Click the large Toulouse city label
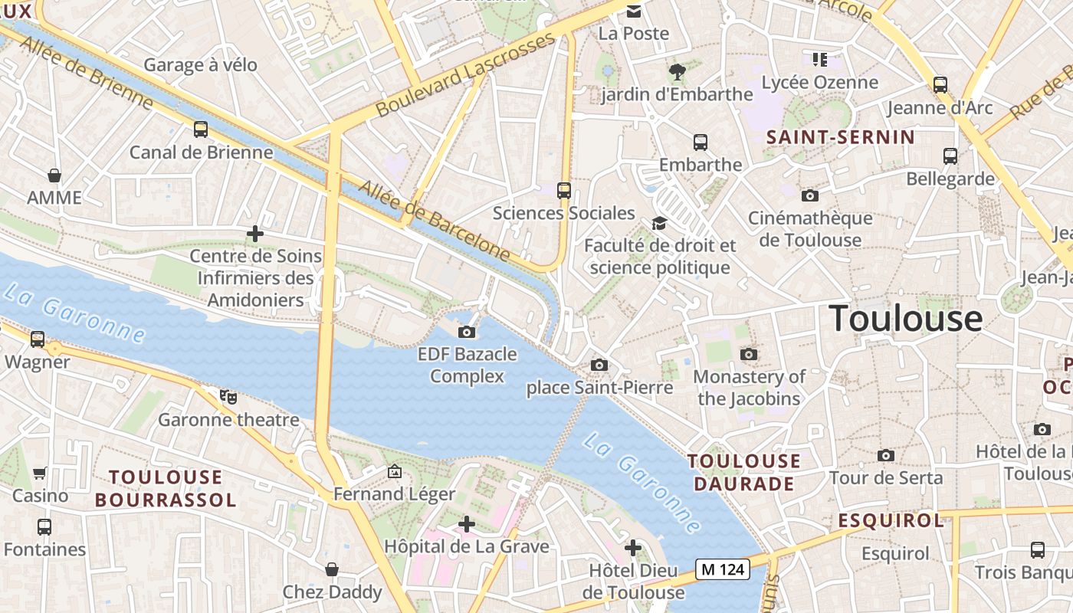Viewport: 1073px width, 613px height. click(x=905, y=318)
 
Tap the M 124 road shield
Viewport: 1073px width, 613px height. click(x=722, y=569)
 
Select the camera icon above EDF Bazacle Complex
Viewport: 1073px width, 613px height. click(x=466, y=332)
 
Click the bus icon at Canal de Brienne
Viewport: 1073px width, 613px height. click(x=201, y=129)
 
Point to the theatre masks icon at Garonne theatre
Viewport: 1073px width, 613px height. click(x=228, y=396)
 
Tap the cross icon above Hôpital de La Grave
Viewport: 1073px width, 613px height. click(x=466, y=524)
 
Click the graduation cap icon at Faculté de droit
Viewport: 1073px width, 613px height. click(x=659, y=223)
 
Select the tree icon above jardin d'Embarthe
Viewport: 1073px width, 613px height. click(x=676, y=72)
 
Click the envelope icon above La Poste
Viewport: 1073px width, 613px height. click(x=634, y=11)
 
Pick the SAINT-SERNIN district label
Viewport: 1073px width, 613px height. click(x=840, y=137)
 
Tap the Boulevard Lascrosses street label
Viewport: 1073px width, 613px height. click(x=464, y=74)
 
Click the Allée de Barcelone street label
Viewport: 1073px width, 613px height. click(x=434, y=220)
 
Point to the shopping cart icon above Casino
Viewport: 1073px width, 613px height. click(x=40, y=473)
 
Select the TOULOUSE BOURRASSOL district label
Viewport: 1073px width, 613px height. click(x=165, y=489)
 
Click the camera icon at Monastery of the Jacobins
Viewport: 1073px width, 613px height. click(x=749, y=354)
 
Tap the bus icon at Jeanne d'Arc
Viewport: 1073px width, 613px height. click(x=940, y=85)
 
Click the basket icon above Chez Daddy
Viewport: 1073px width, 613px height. click(x=332, y=569)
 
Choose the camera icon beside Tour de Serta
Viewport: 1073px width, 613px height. click(x=886, y=455)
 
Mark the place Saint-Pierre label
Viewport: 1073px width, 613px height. click(x=599, y=388)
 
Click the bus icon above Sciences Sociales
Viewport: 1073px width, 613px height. click(x=564, y=190)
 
